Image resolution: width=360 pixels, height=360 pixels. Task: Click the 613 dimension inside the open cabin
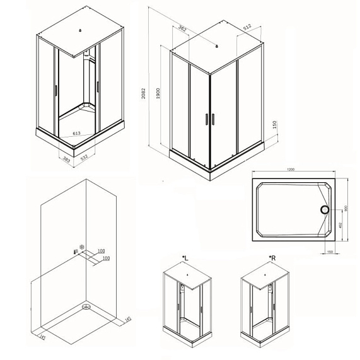[76, 134]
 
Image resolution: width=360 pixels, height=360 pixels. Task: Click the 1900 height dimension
[160, 93]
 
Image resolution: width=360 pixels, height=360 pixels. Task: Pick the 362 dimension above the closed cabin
[183, 28]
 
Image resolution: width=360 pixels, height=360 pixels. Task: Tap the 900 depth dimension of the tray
[345, 209]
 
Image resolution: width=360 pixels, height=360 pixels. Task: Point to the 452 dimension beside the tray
[339, 225]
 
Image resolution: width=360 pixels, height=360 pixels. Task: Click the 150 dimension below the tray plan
[330, 252]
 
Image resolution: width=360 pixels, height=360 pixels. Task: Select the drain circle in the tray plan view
[326, 209]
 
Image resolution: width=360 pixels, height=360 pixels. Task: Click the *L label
[185, 258]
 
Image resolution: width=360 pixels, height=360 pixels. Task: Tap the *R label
[272, 258]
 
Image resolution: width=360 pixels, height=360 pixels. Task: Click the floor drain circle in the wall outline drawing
[84, 308]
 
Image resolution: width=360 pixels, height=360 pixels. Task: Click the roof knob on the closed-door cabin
[216, 46]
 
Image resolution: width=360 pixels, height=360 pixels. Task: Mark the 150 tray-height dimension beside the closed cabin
[275, 125]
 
